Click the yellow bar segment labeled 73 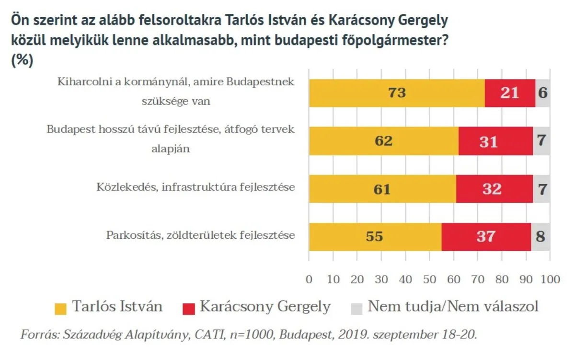coord(397,93)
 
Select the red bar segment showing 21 coord(510,93)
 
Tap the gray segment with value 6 coord(542,93)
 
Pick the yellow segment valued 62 coord(383,141)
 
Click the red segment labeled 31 coord(495,141)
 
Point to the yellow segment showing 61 coord(382,189)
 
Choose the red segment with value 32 coord(494,189)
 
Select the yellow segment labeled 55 coord(375,237)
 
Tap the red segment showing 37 coord(486,237)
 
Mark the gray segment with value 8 coord(540,237)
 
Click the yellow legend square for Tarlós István coord(61,307)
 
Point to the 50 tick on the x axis coord(430,279)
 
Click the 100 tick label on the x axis coord(550,279)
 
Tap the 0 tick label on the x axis coord(309,279)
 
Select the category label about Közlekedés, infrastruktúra coord(195,186)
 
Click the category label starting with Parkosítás coord(200,235)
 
